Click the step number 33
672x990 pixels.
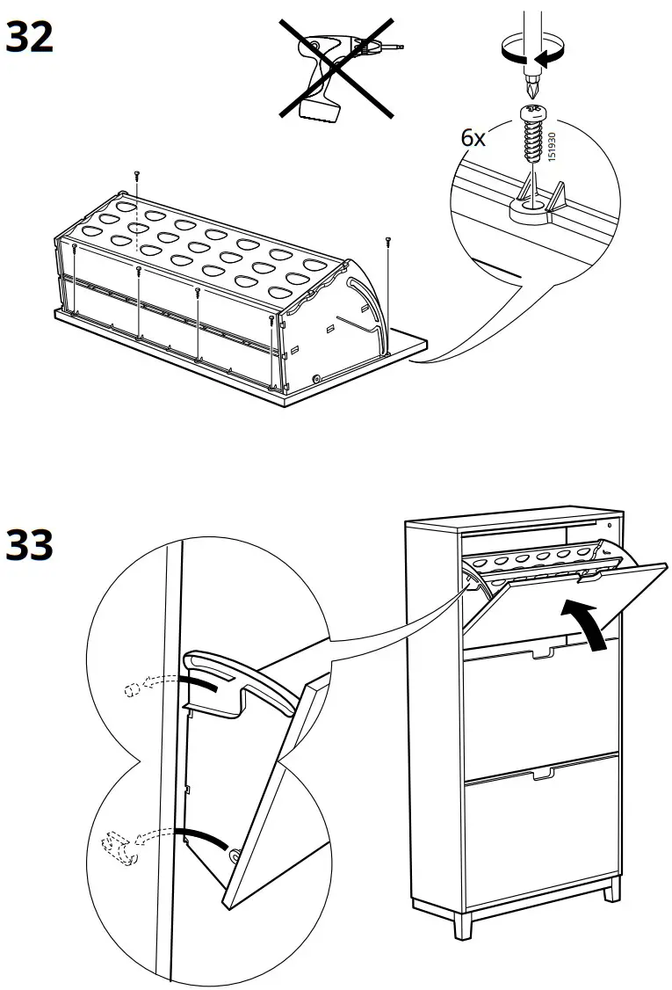[x=30, y=546]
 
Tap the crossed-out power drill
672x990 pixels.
[x=336, y=70]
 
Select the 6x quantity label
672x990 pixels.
[x=474, y=138]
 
